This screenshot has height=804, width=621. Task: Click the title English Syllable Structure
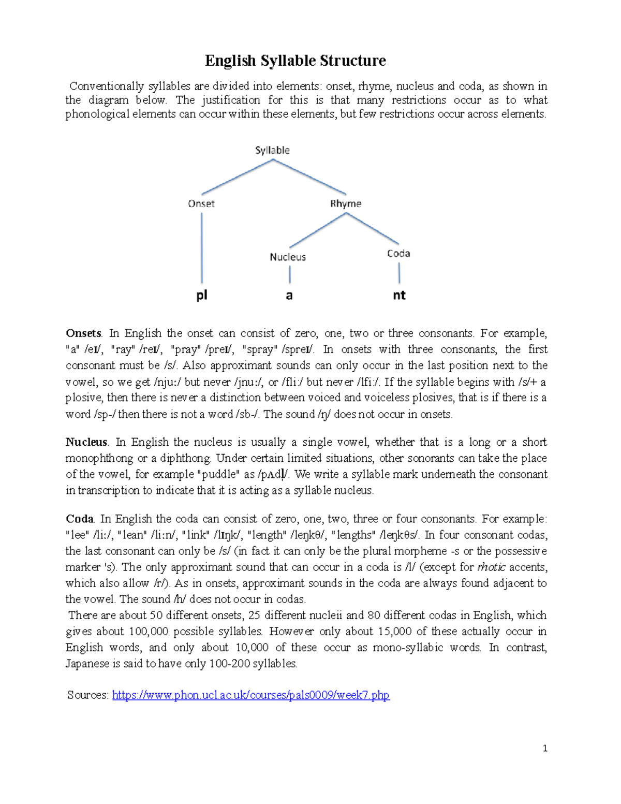pos(295,61)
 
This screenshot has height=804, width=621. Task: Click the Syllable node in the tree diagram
pos(272,150)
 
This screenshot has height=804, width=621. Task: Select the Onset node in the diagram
pos(201,203)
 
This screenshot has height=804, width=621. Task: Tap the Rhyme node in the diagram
pos(346,203)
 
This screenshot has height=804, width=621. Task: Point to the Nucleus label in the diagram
pos(288,257)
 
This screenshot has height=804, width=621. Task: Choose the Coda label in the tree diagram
pos(398,253)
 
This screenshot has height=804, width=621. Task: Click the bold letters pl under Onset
pos(202,295)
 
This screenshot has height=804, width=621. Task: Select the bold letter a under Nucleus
pos(289,296)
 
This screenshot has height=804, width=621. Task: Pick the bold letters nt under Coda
pos(399,295)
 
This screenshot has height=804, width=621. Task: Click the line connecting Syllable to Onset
pos(237,177)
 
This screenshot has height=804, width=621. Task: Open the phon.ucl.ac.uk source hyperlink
pos(250,695)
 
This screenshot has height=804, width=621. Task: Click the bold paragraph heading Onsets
pos(83,333)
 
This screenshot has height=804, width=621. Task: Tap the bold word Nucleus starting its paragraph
pos(86,442)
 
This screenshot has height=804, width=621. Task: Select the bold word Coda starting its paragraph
pos(79,519)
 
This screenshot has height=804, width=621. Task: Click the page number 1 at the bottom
pos(545,748)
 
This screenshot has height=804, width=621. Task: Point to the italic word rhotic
pos(491,567)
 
